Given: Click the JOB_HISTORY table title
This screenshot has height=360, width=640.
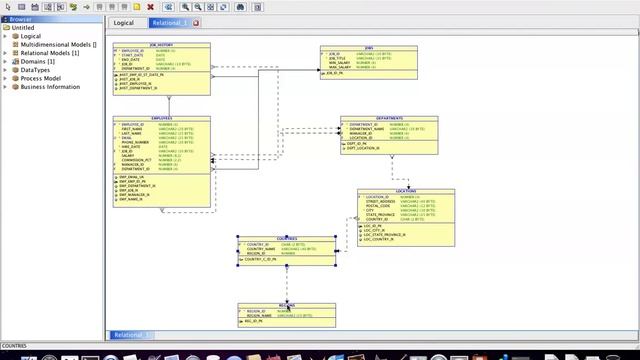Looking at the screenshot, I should click(x=162, y=45).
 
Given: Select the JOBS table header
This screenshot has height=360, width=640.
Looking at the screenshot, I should click(x=368, y=47).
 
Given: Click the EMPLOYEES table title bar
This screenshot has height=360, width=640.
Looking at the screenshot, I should click(x=162, y=118).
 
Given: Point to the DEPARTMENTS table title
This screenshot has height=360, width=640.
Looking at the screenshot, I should click(x=389, y=118).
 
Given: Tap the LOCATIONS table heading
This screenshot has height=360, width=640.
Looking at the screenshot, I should click(x=405, y=190).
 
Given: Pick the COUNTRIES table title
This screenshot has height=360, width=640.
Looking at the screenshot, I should click(x=286, y=238).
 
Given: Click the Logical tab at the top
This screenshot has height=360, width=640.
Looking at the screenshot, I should click(x=124, y=22).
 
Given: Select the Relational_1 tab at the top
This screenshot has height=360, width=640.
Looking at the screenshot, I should click(x=169, y=22).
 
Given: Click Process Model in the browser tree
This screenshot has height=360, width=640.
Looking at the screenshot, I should click(x=41, y=78).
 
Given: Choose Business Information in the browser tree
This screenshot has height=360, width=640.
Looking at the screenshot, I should click(x=50, y=87).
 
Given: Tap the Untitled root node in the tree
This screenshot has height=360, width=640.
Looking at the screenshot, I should click(x=22, y=28).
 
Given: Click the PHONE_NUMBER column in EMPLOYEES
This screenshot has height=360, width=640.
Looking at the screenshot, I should click(x=136, y=142).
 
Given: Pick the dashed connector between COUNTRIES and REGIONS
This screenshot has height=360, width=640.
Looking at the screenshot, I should click(x=286, y=283).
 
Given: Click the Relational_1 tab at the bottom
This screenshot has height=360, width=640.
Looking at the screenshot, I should click(x=130, y=335).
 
